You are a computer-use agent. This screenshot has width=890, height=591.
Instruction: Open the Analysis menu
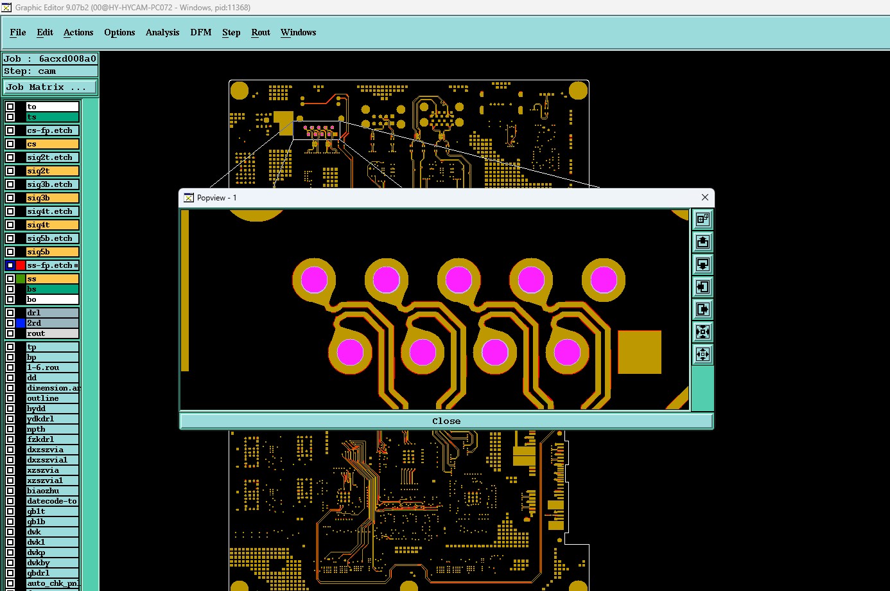coord(162,32)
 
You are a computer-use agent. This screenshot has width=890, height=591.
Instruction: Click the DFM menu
coord(200,32)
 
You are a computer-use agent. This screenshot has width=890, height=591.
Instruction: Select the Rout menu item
coord(260,32)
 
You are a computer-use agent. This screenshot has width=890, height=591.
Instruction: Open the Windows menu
coord(298,32)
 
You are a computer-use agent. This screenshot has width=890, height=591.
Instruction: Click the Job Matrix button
coord(50,87)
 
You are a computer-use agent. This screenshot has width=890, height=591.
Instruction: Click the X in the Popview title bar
coord(705,197)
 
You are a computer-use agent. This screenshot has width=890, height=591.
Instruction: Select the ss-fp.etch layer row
coord(52,265)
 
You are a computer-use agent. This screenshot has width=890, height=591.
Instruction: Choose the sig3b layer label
coord(52,197)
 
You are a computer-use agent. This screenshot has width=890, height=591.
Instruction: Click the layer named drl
coord(52,313)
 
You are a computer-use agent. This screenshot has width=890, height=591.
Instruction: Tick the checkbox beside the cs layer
coord(10,144)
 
